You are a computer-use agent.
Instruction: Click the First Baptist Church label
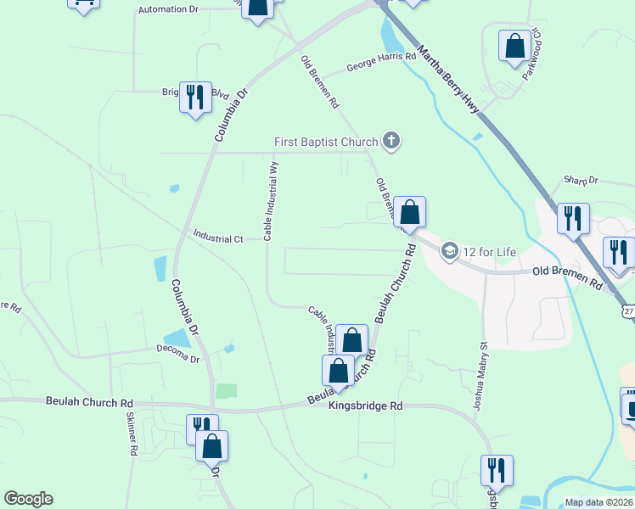[x=325, y=142]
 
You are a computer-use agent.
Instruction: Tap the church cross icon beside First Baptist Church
[x=391, y=141]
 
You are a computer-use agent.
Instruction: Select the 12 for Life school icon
[x=449, y=250]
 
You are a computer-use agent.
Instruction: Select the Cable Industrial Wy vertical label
[x=273, y=201]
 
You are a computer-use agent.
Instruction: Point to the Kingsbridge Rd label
[x=365, y=406]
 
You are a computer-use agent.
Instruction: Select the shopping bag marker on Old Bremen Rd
[x=409, y=212]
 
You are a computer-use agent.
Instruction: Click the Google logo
[x=28, y=499]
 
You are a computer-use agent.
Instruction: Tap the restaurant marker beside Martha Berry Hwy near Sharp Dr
[x=573, y=218]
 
